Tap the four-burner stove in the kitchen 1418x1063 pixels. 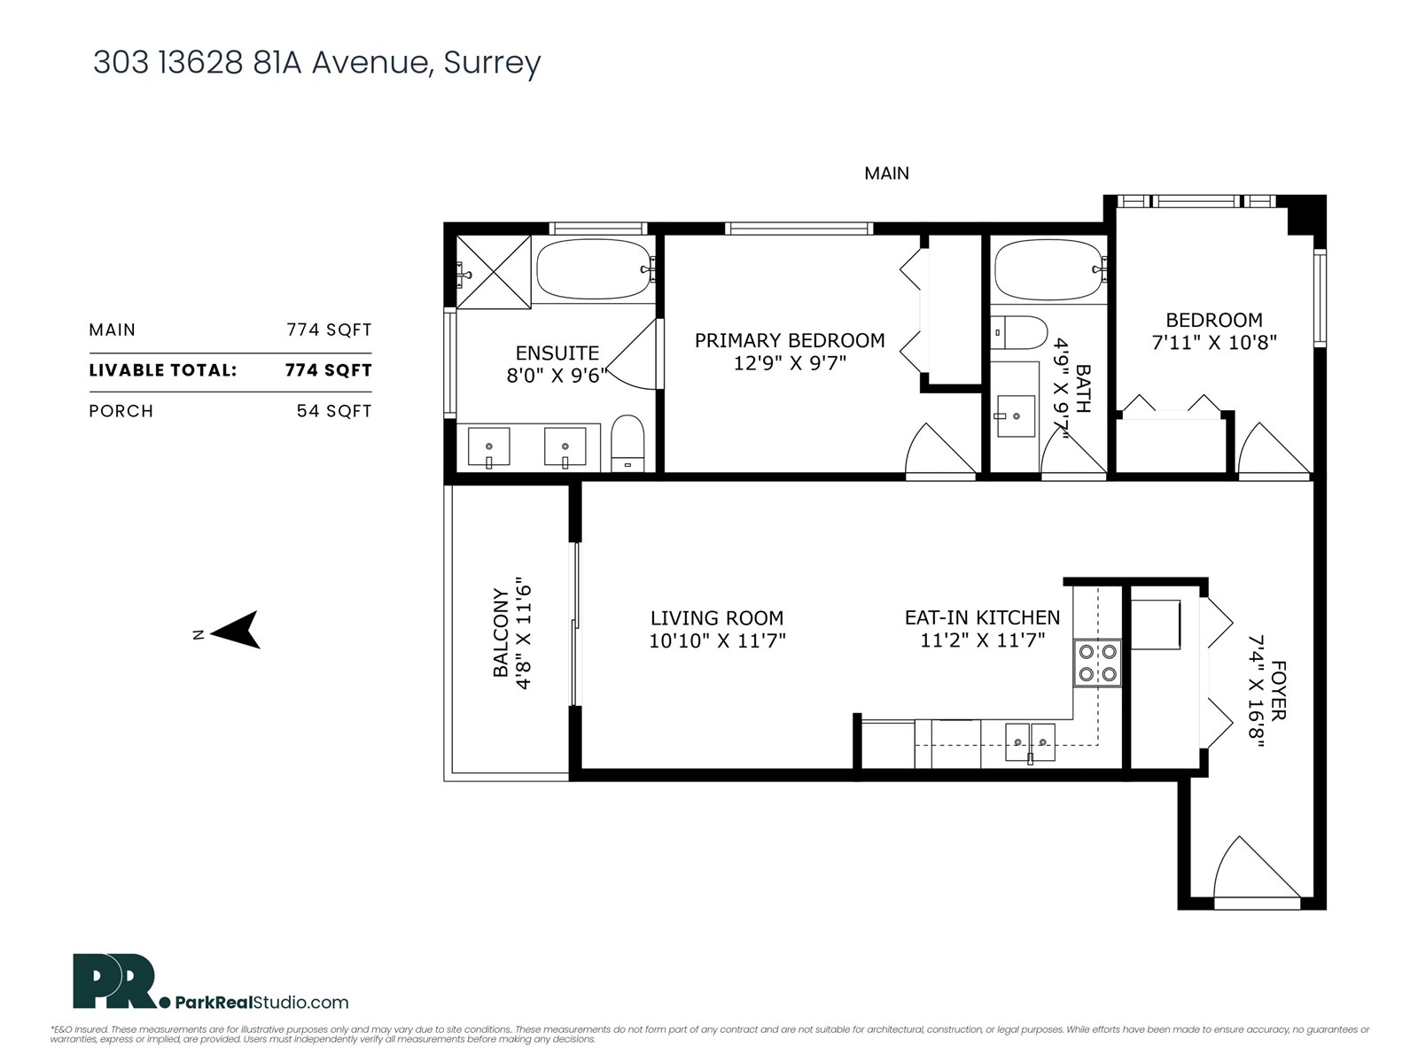(x=1097, y=663)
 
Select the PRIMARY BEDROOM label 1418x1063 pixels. (x=789, y=340)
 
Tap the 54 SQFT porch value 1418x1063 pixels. (x=333, y=411)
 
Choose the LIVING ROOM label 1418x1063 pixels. (x=716, y=618)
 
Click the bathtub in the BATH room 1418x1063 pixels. (x=1047, y=270)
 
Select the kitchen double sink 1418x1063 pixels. (x=1030, y=741)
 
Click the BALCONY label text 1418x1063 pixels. (x=502, y=633)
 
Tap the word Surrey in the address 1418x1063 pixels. (x=492, y=63)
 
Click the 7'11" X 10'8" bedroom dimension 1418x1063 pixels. (x=1213, y=342)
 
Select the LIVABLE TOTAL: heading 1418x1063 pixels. (x=163, y=370)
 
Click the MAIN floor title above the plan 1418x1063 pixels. (x=886, y=174)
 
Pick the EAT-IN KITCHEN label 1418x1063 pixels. (x=982, y=617)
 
